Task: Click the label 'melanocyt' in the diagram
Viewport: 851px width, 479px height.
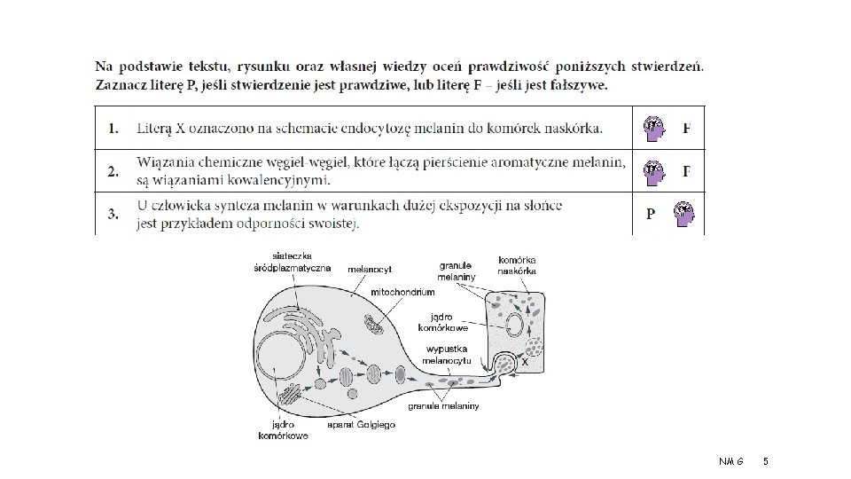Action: point(370,267)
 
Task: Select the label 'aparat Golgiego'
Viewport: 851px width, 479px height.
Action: point(361,425)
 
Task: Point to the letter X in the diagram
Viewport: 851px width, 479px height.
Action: point(526,362)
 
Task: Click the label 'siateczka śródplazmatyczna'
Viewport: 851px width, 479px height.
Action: point(292,262)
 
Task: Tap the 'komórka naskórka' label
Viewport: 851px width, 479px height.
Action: point(517,264)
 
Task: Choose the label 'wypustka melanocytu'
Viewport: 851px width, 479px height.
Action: point(449,354)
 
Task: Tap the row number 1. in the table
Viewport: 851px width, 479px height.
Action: point(114,129)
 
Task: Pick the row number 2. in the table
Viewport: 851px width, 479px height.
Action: point(114,172)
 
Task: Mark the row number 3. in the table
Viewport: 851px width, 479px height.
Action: point(114,214)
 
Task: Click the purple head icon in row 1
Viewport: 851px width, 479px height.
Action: point(654,129)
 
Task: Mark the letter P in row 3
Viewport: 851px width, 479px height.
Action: point(652,215)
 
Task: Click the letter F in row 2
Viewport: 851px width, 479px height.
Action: point(687,171)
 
